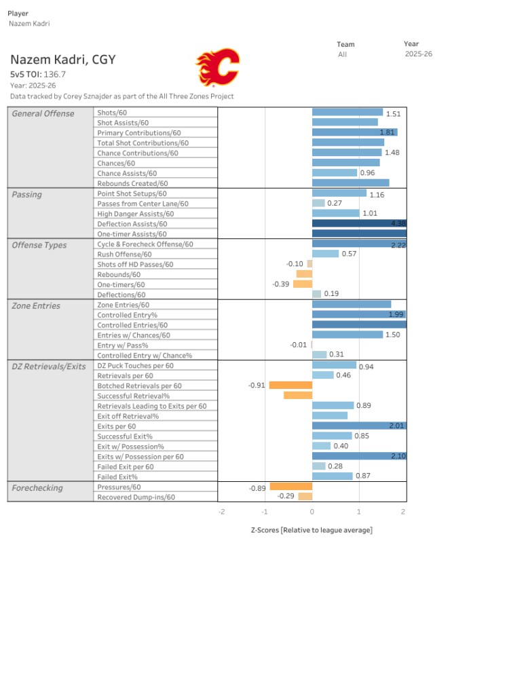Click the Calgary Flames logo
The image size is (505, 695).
218,67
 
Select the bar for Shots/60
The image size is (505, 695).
347,113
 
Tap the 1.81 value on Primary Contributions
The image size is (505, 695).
388,133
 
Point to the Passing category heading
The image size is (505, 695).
27,195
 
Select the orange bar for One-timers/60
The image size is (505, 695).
302,284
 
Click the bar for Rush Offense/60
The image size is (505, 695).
325,254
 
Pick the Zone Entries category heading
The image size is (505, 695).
36,306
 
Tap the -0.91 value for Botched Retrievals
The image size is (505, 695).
257,386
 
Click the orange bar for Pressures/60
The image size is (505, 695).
291,487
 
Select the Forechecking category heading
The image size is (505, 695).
37,487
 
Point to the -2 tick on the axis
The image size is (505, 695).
221,511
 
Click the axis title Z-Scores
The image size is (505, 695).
312,530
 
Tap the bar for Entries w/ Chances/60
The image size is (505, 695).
347,335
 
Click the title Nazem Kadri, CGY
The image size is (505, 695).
62,60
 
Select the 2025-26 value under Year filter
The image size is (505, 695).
418,54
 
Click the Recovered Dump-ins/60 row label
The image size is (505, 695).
136,497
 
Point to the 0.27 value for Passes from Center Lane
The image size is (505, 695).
334,203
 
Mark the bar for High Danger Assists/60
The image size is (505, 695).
335,213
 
